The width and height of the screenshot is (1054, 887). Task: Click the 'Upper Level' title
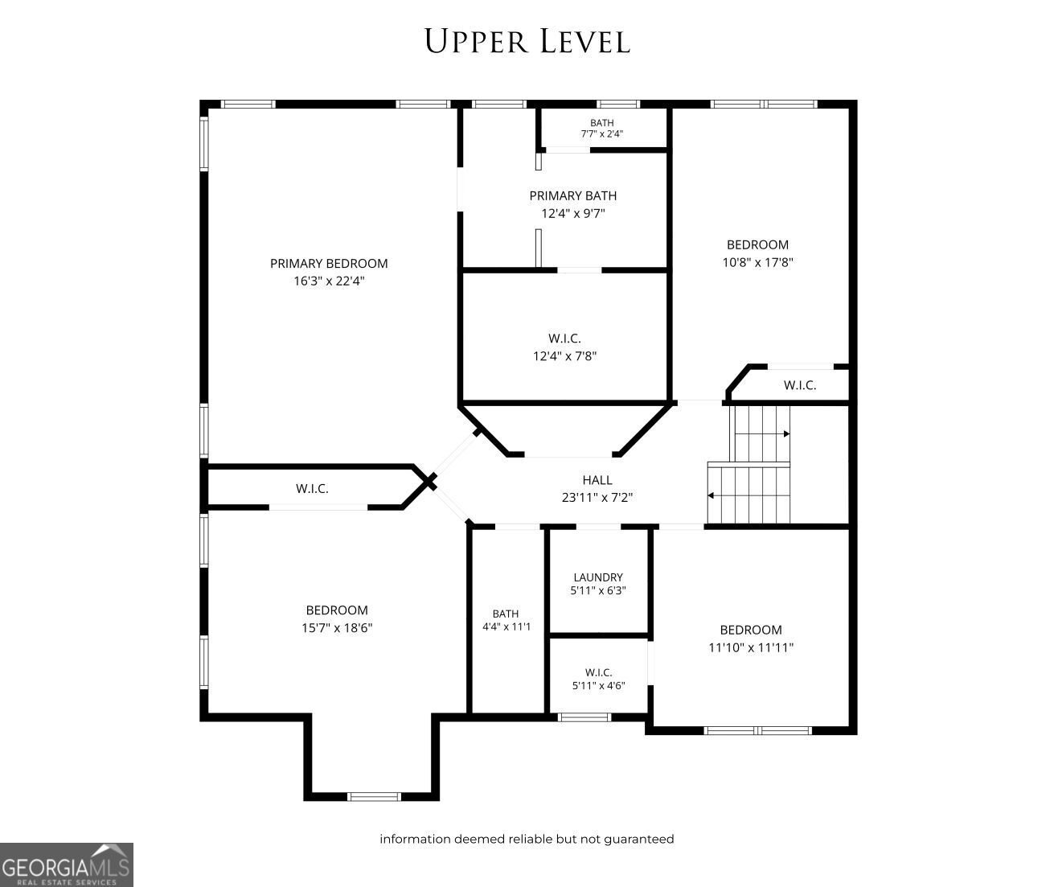click(527, 41)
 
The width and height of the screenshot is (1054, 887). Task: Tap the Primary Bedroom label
click(329, 263)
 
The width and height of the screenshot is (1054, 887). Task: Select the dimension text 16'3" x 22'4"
click(329, 281)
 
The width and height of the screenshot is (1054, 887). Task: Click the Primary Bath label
click(573, 195)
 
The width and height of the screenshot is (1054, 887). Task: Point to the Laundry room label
click(598, 577)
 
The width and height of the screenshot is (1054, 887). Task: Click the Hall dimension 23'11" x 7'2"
click(597, 497)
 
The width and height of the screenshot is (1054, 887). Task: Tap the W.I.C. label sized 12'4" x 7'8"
click(565, 338)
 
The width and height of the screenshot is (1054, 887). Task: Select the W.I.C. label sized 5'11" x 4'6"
click(599, 672)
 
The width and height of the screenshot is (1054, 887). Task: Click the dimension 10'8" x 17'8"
click(757, 262)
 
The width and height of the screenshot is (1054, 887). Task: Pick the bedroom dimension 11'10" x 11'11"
click(751, 647)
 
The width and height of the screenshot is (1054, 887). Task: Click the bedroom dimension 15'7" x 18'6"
click(337, 627)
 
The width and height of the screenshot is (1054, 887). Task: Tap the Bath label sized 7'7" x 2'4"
click(601, 123)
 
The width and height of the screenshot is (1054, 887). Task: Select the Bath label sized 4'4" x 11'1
click(506, 614)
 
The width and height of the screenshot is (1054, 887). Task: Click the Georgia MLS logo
click(67, 864)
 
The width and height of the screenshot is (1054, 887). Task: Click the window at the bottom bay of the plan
click(374, 797)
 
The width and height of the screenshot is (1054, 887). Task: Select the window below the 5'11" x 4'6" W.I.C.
click(584, 717)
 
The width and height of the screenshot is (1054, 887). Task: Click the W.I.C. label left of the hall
click(312, 488)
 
